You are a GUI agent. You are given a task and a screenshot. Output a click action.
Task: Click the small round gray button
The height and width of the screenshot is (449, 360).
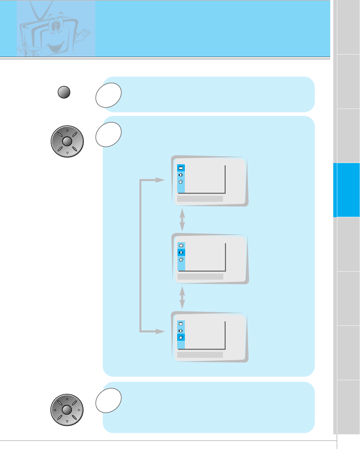tap(64, 92)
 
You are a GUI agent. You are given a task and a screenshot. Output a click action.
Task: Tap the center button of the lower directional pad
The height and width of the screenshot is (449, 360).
tap(67, 410)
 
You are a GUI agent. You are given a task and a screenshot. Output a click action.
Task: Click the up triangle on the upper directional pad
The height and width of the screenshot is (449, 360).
tap(67, 130)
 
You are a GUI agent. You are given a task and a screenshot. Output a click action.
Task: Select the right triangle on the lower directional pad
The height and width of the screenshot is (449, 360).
tap(79, 410)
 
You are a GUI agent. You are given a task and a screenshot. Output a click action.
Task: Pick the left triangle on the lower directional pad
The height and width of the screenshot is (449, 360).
tap(55, 410)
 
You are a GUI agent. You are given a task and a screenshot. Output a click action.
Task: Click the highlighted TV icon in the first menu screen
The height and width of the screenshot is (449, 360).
tap(181, 168)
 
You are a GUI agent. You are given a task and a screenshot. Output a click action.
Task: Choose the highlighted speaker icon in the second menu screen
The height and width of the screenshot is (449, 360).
tap(181, 253)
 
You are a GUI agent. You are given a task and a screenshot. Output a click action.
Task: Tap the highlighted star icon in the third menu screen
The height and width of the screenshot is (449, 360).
tap(181, 337)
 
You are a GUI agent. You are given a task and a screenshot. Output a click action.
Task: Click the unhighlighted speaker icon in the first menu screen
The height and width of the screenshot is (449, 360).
tap(181, 175)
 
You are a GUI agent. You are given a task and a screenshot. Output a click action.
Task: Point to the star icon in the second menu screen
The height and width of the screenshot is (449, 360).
tap(181, 260)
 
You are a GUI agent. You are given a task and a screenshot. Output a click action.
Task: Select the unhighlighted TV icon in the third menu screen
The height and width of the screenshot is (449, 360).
tap(181, 323)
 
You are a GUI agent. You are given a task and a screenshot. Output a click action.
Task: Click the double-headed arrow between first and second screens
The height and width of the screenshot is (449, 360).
tap(182, 220)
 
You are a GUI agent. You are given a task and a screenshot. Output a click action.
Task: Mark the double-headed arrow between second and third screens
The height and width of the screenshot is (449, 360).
tap(182, 298)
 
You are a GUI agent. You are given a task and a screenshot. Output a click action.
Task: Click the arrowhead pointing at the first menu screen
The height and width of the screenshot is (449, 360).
tap(161, 180)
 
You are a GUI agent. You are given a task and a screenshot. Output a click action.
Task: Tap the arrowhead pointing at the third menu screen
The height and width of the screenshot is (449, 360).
tap(161, 331)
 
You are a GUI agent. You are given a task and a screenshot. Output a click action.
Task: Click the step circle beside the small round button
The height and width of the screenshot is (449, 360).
tap(108, 95)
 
